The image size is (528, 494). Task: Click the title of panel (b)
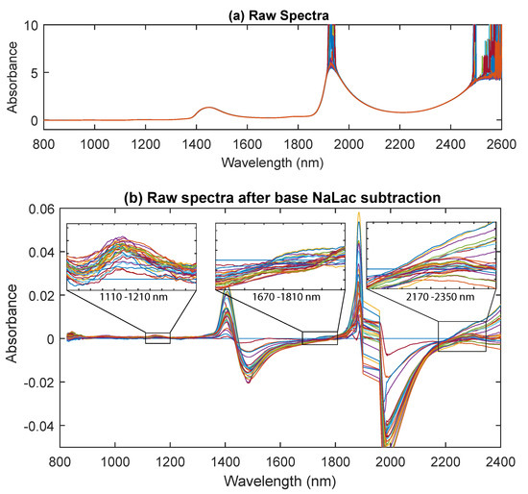tap(282, 197)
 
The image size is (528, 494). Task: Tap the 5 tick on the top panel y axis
tap(35, 71)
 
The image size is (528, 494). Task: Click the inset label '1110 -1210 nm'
tap(132, 299)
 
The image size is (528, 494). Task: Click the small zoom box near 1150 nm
tap(157, 337)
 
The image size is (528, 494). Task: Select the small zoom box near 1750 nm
tap(320, 337)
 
